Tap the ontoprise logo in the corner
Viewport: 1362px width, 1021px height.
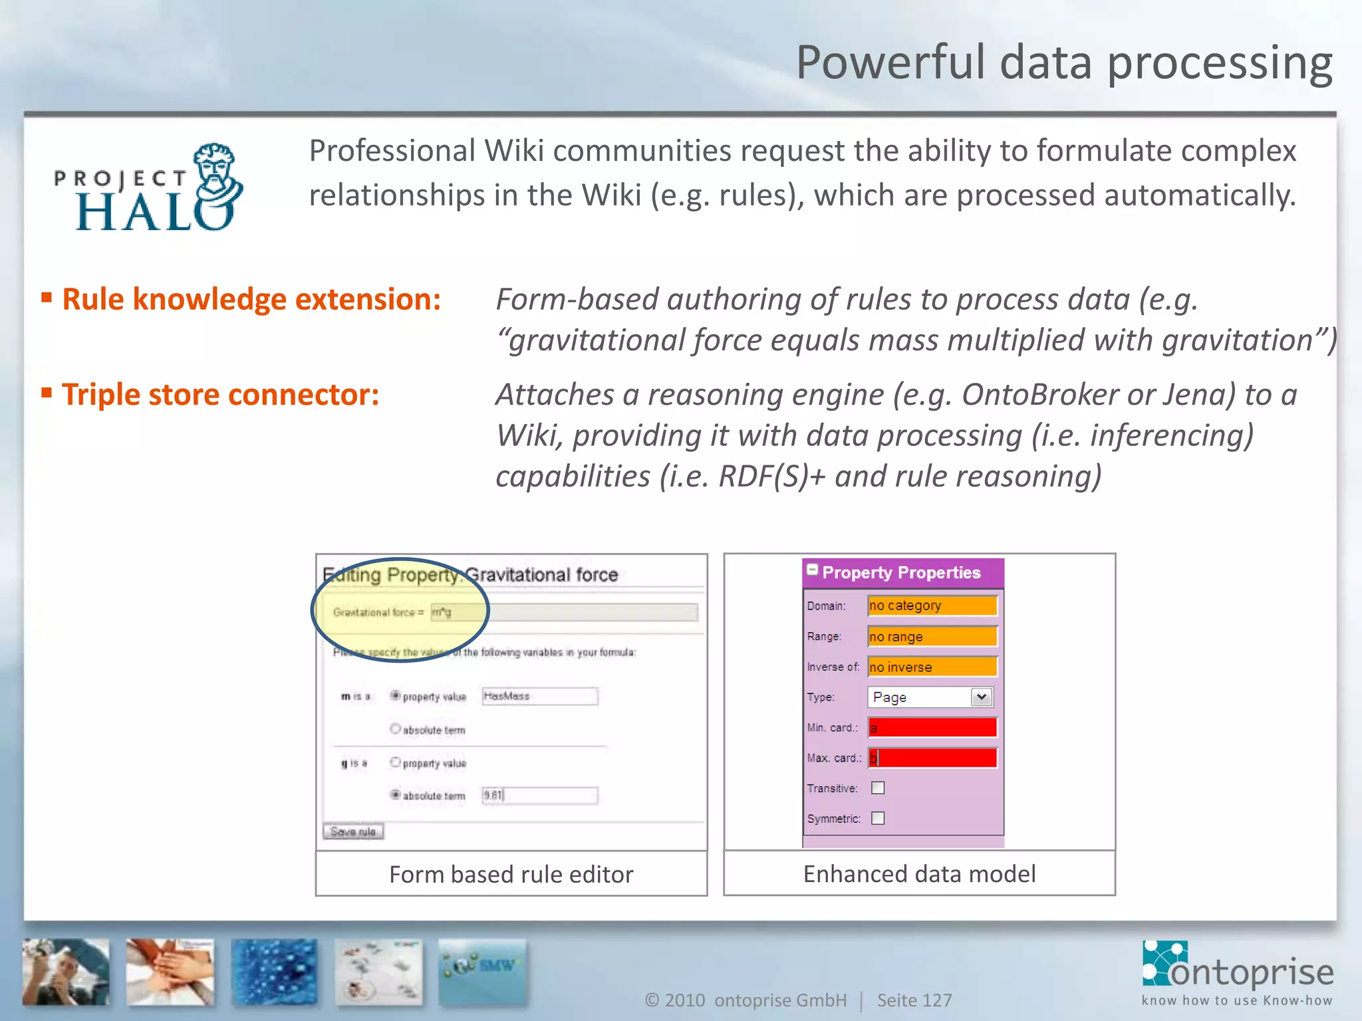click(x=1238, y=973)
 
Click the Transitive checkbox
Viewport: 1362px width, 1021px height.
click(x=878, y=788)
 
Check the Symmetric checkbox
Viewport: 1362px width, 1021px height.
click(x=878, y=818)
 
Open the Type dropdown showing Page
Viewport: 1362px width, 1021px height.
click(x=930, y=697)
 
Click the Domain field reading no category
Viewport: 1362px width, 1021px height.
click(x=932, y=606)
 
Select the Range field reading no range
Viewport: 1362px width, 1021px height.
click(x=932, y=637)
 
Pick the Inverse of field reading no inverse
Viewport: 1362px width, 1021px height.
click(x=932, y=667)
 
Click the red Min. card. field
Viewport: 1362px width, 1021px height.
click(x=932, y=728)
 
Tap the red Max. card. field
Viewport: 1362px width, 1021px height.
click(x=932, y=758)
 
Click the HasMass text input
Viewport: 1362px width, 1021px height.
click(x=539, y=696)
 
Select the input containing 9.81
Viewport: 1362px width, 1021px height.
click(x=539, y=795)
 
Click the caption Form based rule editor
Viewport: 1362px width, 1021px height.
click(x=511, y=874)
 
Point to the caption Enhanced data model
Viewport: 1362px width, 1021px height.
click(x=919, y=873)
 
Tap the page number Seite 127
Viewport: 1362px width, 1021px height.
click(x=914, y=1000)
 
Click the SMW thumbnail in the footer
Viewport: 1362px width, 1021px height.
click(x=483, y=971)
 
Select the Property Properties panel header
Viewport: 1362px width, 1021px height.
click(x=902, y=572)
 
